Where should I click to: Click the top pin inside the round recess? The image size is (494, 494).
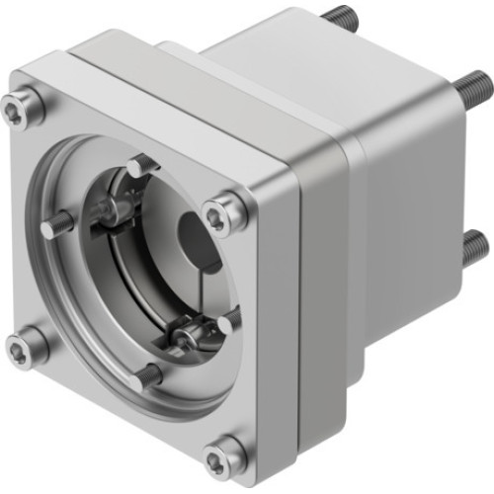tap(140, 164)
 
